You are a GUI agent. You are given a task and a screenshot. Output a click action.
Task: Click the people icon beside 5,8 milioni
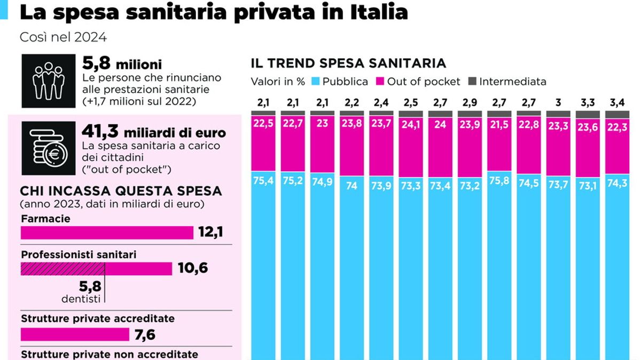pos(49,81)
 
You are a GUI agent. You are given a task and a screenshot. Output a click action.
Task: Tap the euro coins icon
pos(49,148)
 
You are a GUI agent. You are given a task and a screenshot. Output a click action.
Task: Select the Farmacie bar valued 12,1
pos(107,233)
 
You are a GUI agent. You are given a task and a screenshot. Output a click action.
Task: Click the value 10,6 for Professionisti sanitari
pos(193,268)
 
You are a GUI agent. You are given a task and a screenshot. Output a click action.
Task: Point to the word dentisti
pos(81,299)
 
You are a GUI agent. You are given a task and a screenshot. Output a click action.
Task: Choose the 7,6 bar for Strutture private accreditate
pos(75,334)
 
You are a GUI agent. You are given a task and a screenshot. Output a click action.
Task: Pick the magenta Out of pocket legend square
pos(380,82)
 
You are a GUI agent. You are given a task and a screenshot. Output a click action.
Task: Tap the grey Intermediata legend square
pos(472,82)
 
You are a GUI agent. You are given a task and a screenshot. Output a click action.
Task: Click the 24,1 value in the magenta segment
pos(410,128)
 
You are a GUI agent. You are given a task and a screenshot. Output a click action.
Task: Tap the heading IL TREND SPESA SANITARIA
pos(348,63)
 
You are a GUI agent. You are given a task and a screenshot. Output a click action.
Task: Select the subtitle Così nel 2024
pos(63,37)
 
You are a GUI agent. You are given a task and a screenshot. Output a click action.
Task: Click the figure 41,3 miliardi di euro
pos(154,131)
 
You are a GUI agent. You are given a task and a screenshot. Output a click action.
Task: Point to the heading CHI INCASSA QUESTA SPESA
pos(121,191)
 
